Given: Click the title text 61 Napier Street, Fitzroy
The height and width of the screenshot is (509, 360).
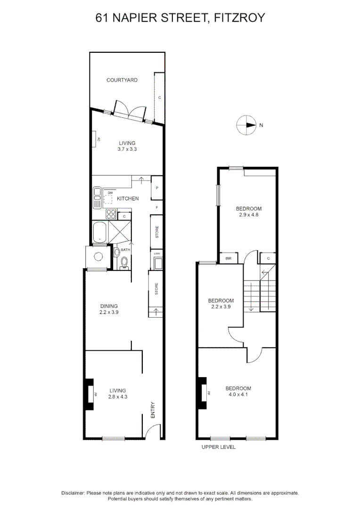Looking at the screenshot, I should [x=180, y=18].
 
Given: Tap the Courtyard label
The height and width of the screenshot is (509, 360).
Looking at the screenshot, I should [x=122, y=80].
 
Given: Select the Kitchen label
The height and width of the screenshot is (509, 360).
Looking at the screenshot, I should [x=128, y=198].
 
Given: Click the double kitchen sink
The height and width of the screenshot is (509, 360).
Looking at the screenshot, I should [x=98, y=198].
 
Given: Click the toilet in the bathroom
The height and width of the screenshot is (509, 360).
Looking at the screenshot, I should [x=124, y=263].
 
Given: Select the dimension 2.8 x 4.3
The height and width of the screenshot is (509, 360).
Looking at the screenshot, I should [x=118, y=397].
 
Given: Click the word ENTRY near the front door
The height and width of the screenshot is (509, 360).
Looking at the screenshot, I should [x=153, y=410].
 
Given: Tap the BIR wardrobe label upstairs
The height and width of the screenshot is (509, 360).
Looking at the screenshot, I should [x=228, y=258].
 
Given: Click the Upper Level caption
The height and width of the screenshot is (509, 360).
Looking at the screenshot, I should [x=218, y=447].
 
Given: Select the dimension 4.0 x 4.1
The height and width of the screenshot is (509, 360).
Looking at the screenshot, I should [x=238, y=394].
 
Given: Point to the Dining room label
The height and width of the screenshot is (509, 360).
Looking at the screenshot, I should [x=108, y=306].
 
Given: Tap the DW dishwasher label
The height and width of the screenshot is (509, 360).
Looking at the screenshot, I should [x=110, y=193].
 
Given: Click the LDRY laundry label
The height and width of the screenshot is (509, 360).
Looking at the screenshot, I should [x=156, y=254].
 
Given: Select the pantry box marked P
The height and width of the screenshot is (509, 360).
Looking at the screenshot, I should [x=156, y=188].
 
